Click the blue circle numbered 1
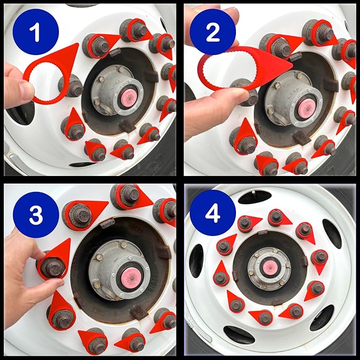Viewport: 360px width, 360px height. point(36,32)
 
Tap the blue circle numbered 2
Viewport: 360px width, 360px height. point(213,32)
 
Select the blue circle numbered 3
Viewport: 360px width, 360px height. point(36,215)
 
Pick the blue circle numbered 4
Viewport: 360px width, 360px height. point(213,213)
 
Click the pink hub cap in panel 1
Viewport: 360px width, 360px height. point(129,98)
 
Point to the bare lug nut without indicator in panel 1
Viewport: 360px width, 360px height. point(71,85)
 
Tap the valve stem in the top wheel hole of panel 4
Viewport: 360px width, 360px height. point(253,192)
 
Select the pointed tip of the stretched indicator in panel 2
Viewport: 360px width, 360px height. point(293,65)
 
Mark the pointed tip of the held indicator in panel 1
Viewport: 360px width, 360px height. point(77,44)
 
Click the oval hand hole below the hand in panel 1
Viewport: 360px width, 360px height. point(21,113)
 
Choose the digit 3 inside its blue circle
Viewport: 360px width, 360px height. point(36,215)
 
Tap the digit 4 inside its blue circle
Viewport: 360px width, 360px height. point(213,213)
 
